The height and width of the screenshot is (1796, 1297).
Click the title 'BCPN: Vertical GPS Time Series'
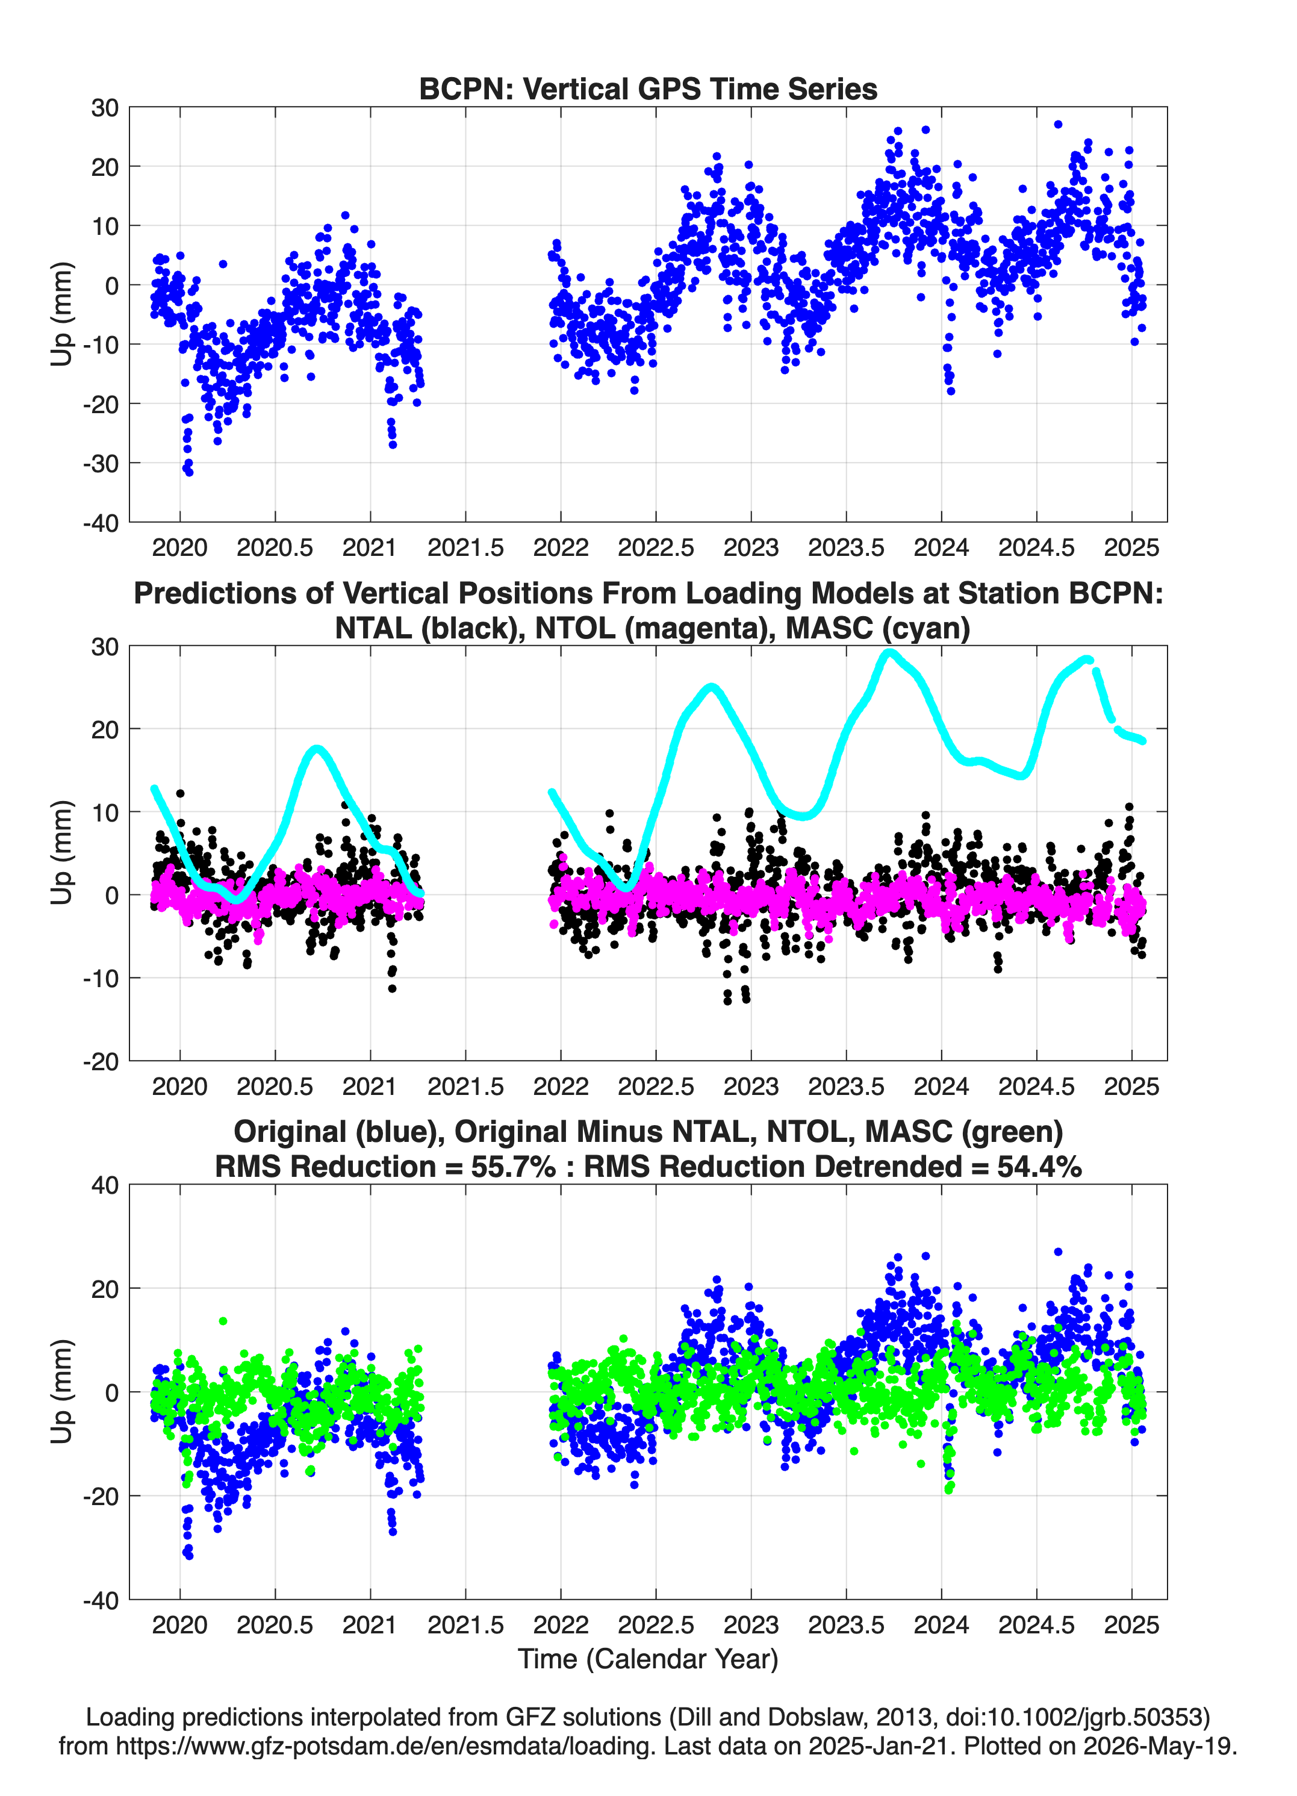[648, 89]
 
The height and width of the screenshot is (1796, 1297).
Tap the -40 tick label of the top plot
[101, 523]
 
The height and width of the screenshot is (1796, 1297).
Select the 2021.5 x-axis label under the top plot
[465, 547]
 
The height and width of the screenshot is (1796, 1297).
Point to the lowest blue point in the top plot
[188, 472]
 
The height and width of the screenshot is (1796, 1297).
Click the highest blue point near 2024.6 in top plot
[1058, 124]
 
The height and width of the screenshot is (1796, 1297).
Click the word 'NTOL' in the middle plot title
[576, 628]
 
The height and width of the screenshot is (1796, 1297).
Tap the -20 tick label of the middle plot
[101, 1061]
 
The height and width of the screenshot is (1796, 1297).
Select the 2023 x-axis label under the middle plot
[751, 1086]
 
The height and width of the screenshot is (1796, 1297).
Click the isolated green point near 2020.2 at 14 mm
[223, 1321]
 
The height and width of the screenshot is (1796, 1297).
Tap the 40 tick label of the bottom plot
[105, 1185]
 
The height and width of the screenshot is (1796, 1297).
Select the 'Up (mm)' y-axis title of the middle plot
[62, 852]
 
